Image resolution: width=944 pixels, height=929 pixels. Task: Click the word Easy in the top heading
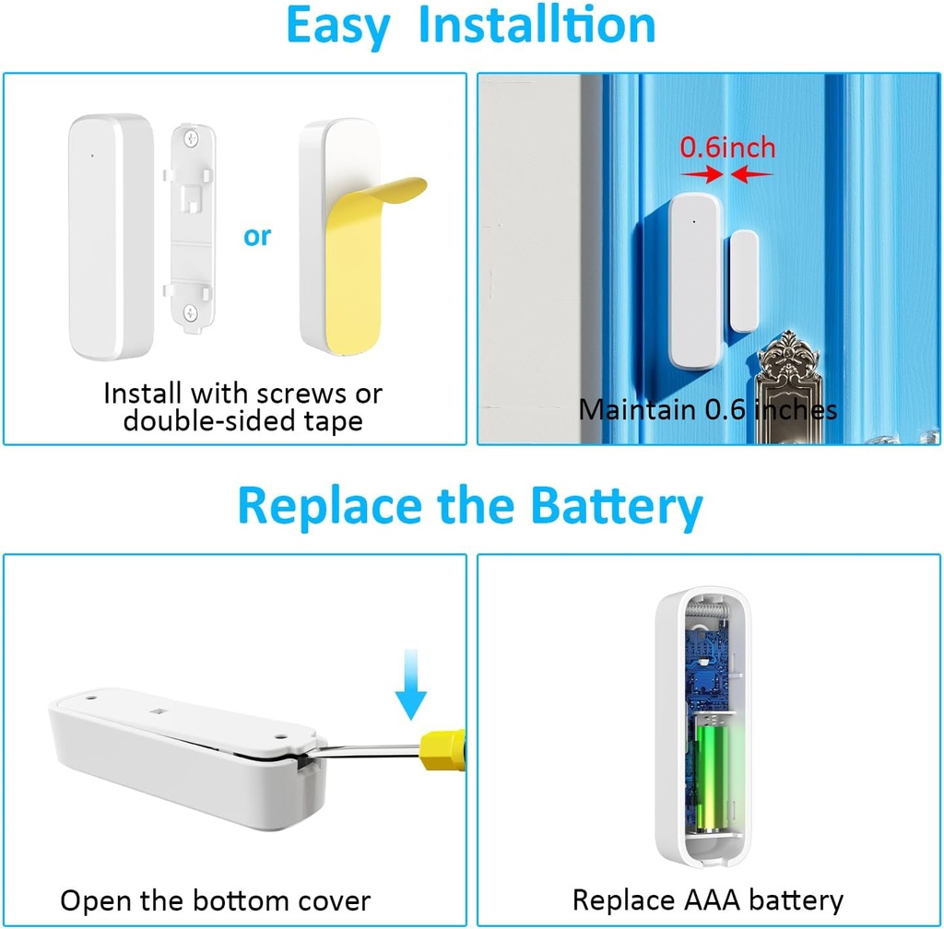click(x=336, y=26)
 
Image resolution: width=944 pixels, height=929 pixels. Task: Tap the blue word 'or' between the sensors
click(x=257, y=236)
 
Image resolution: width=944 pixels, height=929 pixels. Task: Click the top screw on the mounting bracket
click(x=192, y=139)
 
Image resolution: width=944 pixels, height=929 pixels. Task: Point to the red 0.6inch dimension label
click(x=727, y=147)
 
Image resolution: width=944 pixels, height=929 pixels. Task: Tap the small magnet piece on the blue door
click(x=743, y=281)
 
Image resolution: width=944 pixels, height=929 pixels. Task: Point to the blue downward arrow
click(x=411, y=686)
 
